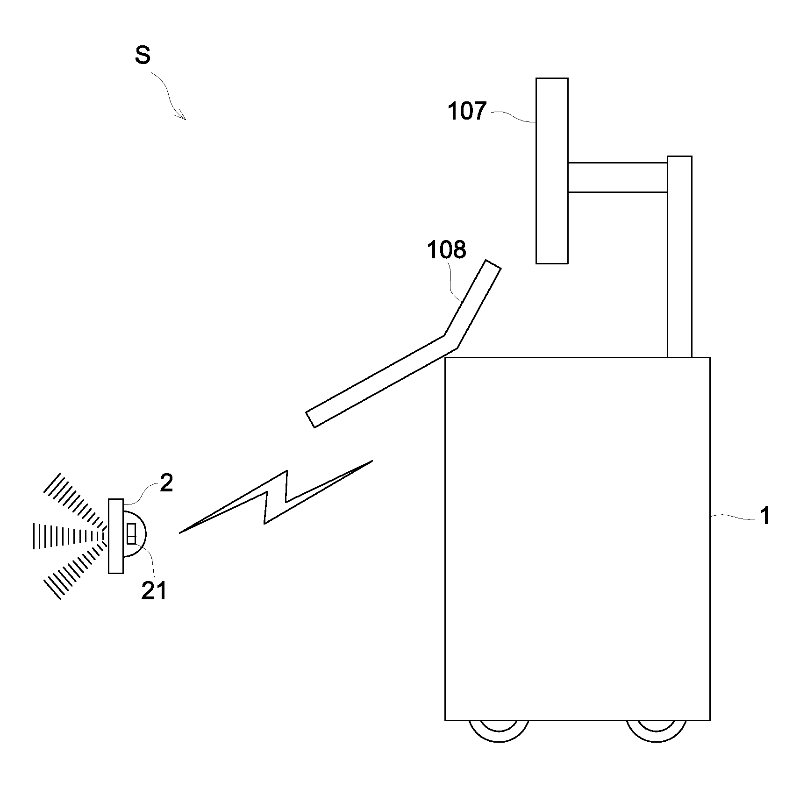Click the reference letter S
pyautogui.click(x=143, y=56)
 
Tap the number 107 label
pyautogui.click(x=467, y=112)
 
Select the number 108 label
pyautogui.click(x=446, y=250)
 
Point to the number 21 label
pyautogui.click(x=154, y=591)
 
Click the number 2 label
pyautogui.click(x=166, y=483)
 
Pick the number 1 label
pyautogui.click(x=764, y=517)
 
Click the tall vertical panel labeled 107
pyautogui.click(x=552, y=170)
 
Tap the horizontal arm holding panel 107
pyautogui.click(x=617, y=177)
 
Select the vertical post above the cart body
pyautogui.click(x=679, y=257)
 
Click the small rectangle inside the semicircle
pyautogui.click(x=131, y=534)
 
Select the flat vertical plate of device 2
pyautogui.click(x=116, y=536)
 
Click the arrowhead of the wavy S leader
pyautogui.click(x=183, y=117)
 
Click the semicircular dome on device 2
pyautogui.click(x=140, y=534)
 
